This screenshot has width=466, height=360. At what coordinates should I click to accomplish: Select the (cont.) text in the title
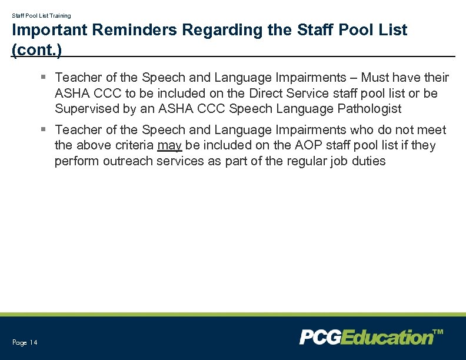coord(36,49)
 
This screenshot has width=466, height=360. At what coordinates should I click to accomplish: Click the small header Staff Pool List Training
coord(41,16)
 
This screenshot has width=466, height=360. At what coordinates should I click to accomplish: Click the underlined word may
coord(169,145)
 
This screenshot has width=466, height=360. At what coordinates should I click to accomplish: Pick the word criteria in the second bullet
coord(132,145)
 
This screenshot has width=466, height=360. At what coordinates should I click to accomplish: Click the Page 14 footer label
coord(25,342)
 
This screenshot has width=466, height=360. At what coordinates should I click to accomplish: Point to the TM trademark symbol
coord(438,332)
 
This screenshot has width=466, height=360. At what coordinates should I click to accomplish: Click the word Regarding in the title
coord(232,30)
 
